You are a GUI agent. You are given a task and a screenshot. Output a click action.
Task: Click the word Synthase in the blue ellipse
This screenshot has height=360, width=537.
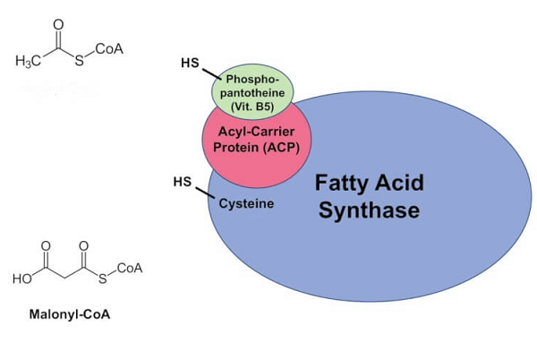coord(369,211)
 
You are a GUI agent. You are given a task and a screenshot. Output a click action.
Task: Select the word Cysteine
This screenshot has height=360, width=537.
coord(246,204)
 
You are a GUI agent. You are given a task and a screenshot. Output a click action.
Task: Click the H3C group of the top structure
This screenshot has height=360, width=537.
coord(29,61)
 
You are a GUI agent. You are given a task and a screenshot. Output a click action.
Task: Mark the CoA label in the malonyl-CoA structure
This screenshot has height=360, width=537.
coord(130,267)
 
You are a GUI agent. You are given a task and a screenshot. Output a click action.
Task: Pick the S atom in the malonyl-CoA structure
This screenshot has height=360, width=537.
coord(102,279)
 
